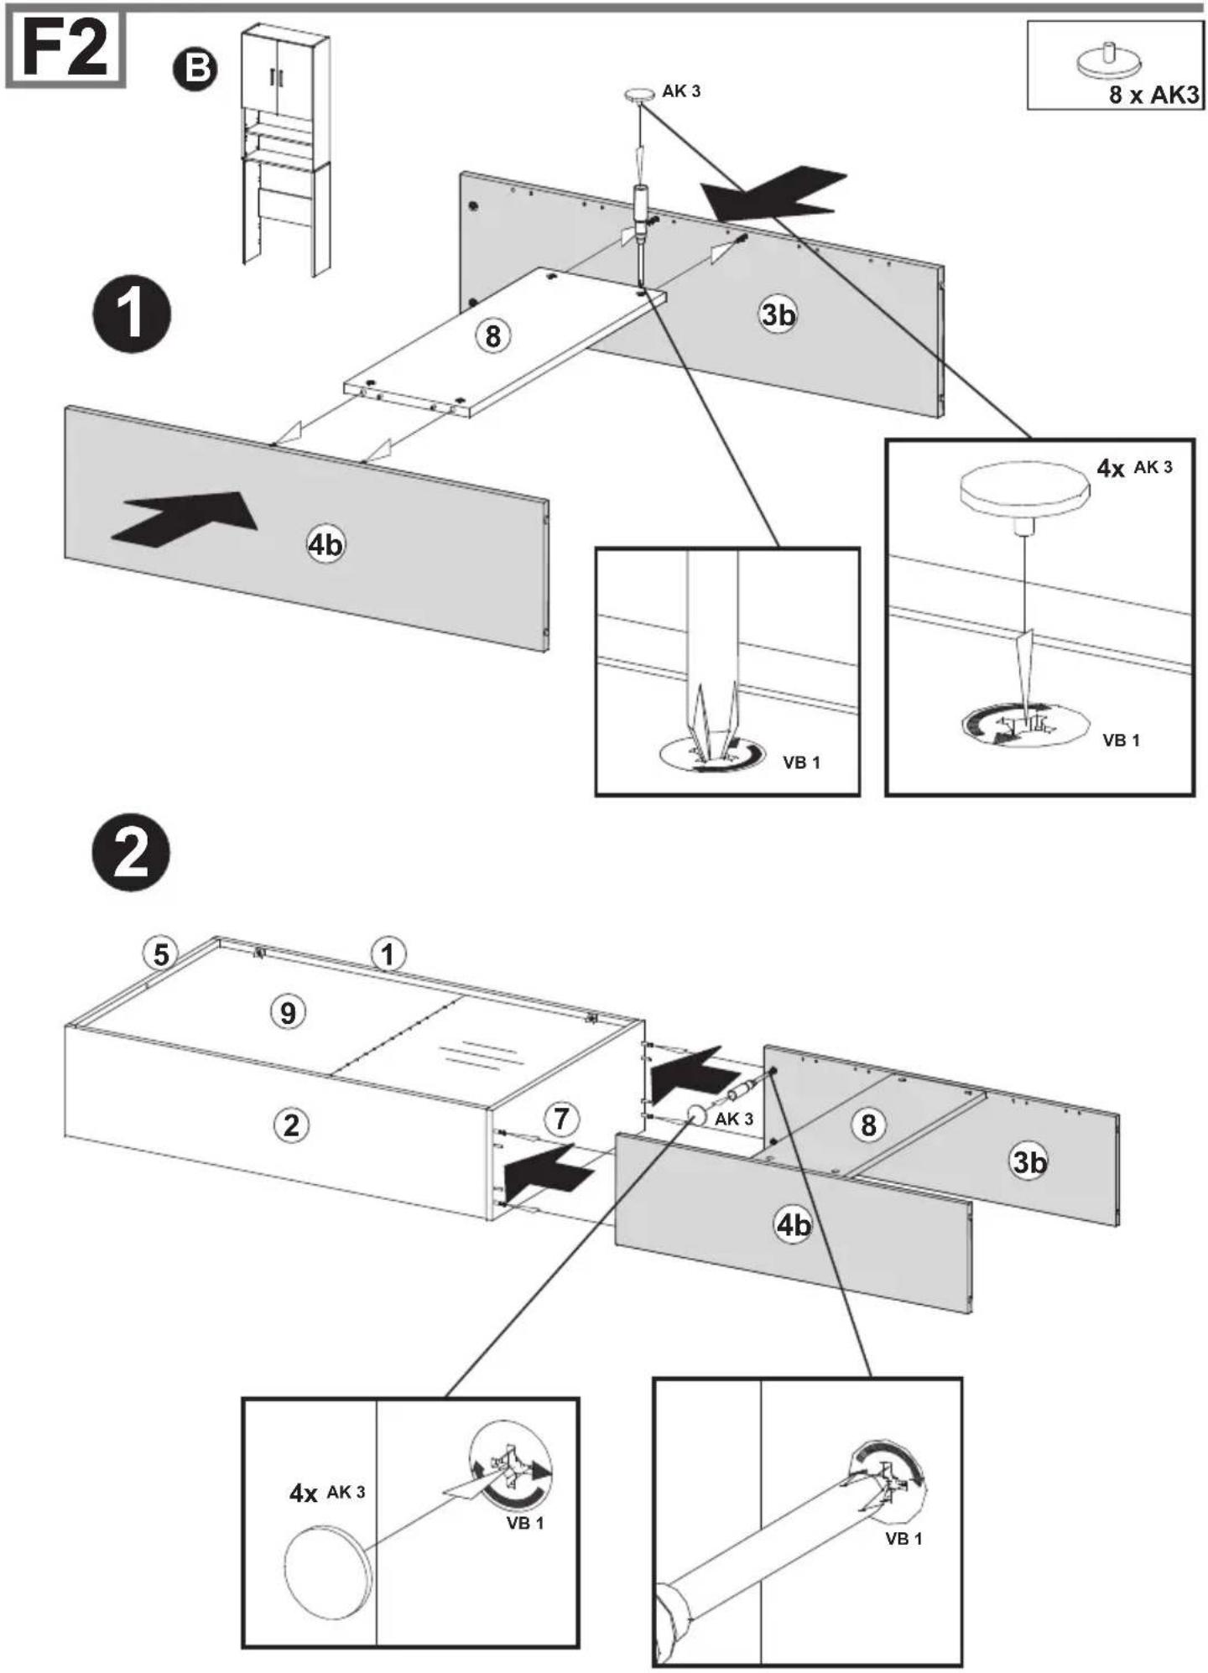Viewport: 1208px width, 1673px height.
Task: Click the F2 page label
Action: [x=65, y=49]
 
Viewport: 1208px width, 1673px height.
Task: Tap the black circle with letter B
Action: [x=195, y=70]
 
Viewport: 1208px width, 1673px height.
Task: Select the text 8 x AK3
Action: [x=1154, y=94]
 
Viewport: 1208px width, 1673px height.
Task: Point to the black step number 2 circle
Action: [x=131, y=852]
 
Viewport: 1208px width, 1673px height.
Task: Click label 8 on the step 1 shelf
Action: [x=492, y=336]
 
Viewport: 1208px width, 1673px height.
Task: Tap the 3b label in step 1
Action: [x=778, y=314]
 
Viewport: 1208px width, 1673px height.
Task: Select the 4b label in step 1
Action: [x=325, y=545]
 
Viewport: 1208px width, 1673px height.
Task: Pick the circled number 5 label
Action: [x=160, y=953]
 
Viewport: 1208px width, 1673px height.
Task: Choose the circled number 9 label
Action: [x=288, y=1012]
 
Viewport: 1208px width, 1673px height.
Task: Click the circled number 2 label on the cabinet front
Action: [x=291, y=1125]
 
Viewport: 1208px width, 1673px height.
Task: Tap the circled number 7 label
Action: [x=561, y=1118]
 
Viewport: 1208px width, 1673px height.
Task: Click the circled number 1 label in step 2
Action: [x=388, y=954]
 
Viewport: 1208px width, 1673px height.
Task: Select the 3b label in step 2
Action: [x=1029, y=1161]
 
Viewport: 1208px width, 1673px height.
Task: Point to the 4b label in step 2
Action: [x=793, y=1225]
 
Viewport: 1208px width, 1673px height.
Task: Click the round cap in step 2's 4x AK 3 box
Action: [x=326, y=1573]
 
